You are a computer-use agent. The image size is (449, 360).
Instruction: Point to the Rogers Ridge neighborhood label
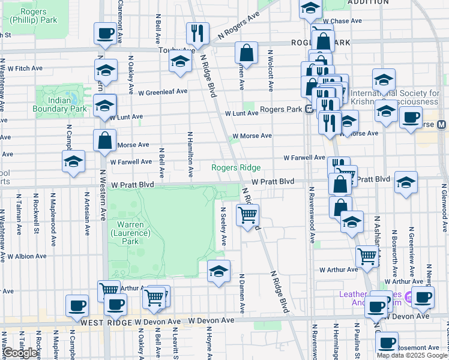[236, 167]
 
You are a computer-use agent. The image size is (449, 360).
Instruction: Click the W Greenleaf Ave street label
[163, 92]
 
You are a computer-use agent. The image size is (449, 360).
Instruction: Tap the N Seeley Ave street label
[223, 227]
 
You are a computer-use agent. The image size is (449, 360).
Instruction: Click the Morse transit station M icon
[442, 125]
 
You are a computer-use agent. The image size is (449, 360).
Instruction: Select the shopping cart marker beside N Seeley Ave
[247, 214]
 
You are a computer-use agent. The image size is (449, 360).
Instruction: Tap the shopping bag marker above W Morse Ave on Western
[104, 140]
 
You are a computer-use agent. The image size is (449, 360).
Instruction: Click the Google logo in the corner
[20, 353]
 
